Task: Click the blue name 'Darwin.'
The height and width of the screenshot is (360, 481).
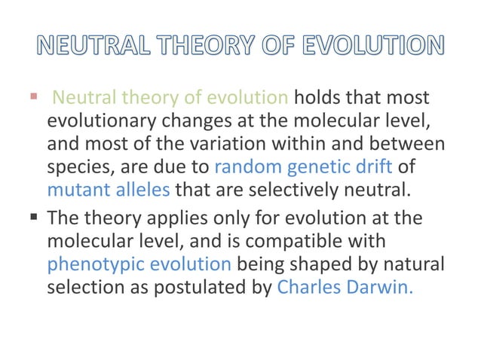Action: coord(380,288)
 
